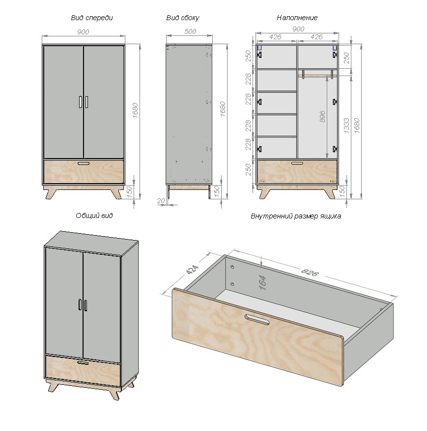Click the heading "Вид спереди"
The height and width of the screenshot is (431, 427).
(92, 18)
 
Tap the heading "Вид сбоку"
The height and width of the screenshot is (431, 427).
(183, 18)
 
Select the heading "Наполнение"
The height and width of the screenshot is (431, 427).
(297, 18)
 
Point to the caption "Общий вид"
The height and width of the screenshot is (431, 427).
(94, 215)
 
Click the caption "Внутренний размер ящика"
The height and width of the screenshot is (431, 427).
(296, 216)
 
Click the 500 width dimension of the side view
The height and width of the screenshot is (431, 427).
(190, 31)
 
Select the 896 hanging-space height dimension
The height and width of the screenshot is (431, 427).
(322, 116)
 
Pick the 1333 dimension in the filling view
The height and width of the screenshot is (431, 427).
(346, 126)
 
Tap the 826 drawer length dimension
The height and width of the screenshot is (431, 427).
(310, 272)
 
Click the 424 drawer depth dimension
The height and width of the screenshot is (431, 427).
(192, 269)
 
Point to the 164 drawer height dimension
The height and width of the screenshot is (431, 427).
(263, 283)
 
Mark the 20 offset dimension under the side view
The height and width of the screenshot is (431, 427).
(161, 201)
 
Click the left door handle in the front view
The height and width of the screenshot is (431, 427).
(80, 102)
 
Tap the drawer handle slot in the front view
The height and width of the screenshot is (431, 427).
(84, 163)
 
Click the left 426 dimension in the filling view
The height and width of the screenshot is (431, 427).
(275, 37)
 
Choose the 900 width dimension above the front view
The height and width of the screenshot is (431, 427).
(83, 32)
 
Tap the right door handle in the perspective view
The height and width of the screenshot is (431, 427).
(86, 305)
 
